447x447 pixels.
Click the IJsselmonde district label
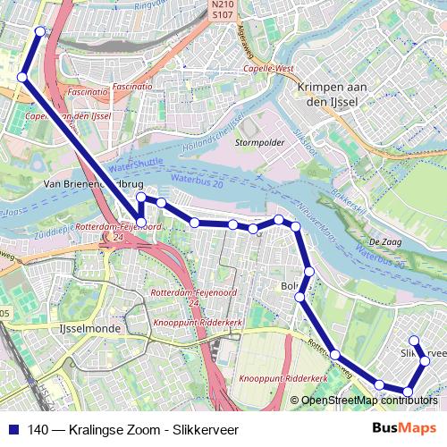click(x=82, y=328)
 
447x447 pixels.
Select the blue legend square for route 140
click(x=12, y=429)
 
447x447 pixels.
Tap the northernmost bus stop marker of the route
click(x=40, y=31)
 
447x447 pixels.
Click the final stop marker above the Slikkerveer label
click(x=414, y=340)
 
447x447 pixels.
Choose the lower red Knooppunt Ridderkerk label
click(x=280, y=379)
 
